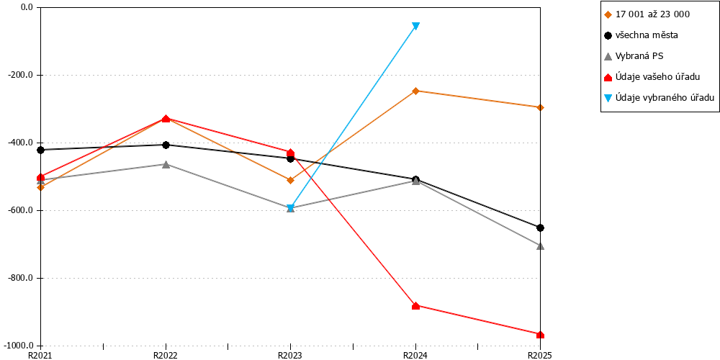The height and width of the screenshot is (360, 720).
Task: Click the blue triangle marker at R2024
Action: pos(415,26)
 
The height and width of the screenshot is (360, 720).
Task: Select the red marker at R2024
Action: pos(415,305)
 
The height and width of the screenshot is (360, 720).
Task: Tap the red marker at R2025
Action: pos(541,334)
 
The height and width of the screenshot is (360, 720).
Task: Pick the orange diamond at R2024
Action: pos(415,91)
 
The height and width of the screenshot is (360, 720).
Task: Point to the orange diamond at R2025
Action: pos(541,107)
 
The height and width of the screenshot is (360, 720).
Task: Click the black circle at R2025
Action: pos(541,228)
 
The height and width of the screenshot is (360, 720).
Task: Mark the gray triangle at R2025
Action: pos(541,246)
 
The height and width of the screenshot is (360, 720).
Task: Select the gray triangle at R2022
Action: pos(166,164)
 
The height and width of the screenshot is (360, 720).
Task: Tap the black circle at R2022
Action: pos(166,145)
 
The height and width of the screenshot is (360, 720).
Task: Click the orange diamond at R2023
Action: pos(290,180)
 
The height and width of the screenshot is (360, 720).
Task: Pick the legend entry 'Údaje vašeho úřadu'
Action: pos(652,77)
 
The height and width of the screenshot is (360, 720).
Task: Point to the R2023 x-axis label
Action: pos(290,355)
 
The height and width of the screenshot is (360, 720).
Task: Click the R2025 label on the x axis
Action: pos(540,355)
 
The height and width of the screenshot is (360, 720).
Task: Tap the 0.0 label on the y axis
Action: pos(27,7)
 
